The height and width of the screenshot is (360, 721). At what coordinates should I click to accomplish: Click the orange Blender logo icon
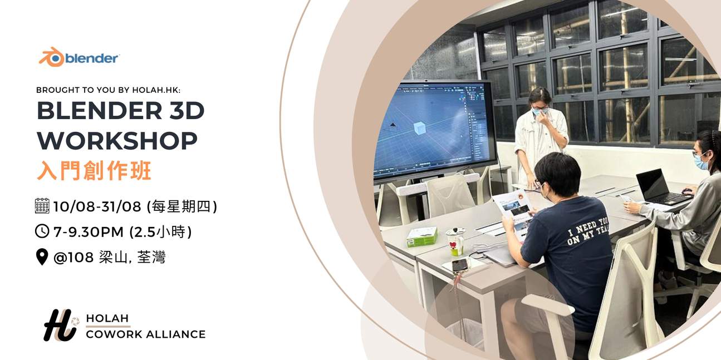tap(51, 57)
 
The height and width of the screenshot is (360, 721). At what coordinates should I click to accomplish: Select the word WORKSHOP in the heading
tap(117, 141)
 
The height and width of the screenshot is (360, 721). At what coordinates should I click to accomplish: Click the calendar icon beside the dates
tap(42, 206)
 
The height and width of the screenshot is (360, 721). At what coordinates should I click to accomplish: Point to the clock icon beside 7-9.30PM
tap(42, 231)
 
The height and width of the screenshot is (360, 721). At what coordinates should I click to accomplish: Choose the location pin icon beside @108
tap(42, 257)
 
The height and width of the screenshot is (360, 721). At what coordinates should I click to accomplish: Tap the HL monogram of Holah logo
tap(60, 325)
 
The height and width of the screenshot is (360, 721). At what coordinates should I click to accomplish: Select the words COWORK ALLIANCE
tap(146, 334)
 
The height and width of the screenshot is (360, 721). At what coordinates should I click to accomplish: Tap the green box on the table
tap(421, 236)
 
